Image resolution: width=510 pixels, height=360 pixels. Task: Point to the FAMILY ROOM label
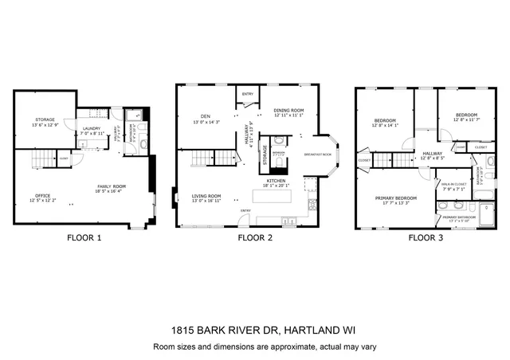coord(111,186)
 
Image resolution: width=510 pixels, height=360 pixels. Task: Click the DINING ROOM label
coord(289,111)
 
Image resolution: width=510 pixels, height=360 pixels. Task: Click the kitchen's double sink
coord(310,186)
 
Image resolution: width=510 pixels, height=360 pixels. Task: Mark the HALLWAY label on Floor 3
coord(432,153)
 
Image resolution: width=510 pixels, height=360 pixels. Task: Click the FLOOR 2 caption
coord(254,237)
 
